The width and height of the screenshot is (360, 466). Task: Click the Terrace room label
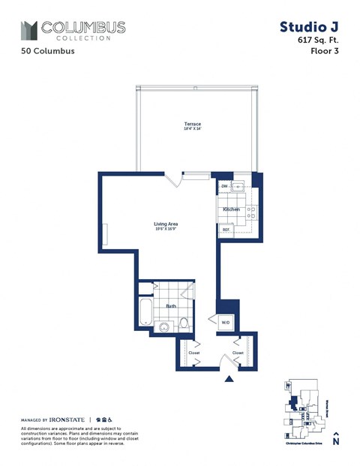click(x=193, y=123)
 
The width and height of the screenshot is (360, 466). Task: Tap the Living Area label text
click(x=166, y=224)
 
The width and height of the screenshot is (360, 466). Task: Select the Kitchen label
click(x=231, y=209)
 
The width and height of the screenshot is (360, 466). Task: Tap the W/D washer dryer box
click(x=225, y=323)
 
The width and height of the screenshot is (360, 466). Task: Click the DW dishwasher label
click(x=224, y=185)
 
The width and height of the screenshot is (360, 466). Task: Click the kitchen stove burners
click(x=253, y=209)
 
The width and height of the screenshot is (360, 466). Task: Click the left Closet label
click(x=194, y=352)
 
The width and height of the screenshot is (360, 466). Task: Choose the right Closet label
click(x=238, y=352)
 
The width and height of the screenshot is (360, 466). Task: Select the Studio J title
click(x=307, y=27)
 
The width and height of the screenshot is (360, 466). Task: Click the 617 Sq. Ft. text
click(x=313, y=41)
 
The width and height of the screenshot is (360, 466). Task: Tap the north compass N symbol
click(x=337, y=441)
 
